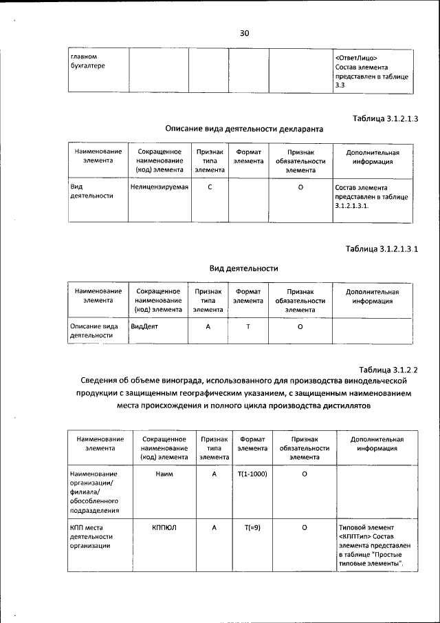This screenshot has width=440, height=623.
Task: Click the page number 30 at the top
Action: click(x=244, y=33)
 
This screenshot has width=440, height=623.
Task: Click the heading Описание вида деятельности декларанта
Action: click(x=244, y=129)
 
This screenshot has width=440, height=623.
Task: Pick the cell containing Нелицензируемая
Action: click(x=159, y=187)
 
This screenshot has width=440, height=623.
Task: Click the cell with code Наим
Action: click(x=164, y=474)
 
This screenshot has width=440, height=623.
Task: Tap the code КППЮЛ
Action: click(x=164, y=528)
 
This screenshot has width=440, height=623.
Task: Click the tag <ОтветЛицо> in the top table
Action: click(x=356, y=57)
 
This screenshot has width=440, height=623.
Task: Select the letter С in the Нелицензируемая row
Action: click(x=209, y=187)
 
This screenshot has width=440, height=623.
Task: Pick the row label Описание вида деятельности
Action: click(x=95, y=331)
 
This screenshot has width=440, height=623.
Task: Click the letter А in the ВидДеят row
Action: click(x=208, y=327)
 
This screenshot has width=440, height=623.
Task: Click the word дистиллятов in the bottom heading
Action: click(x=345, y=405)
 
